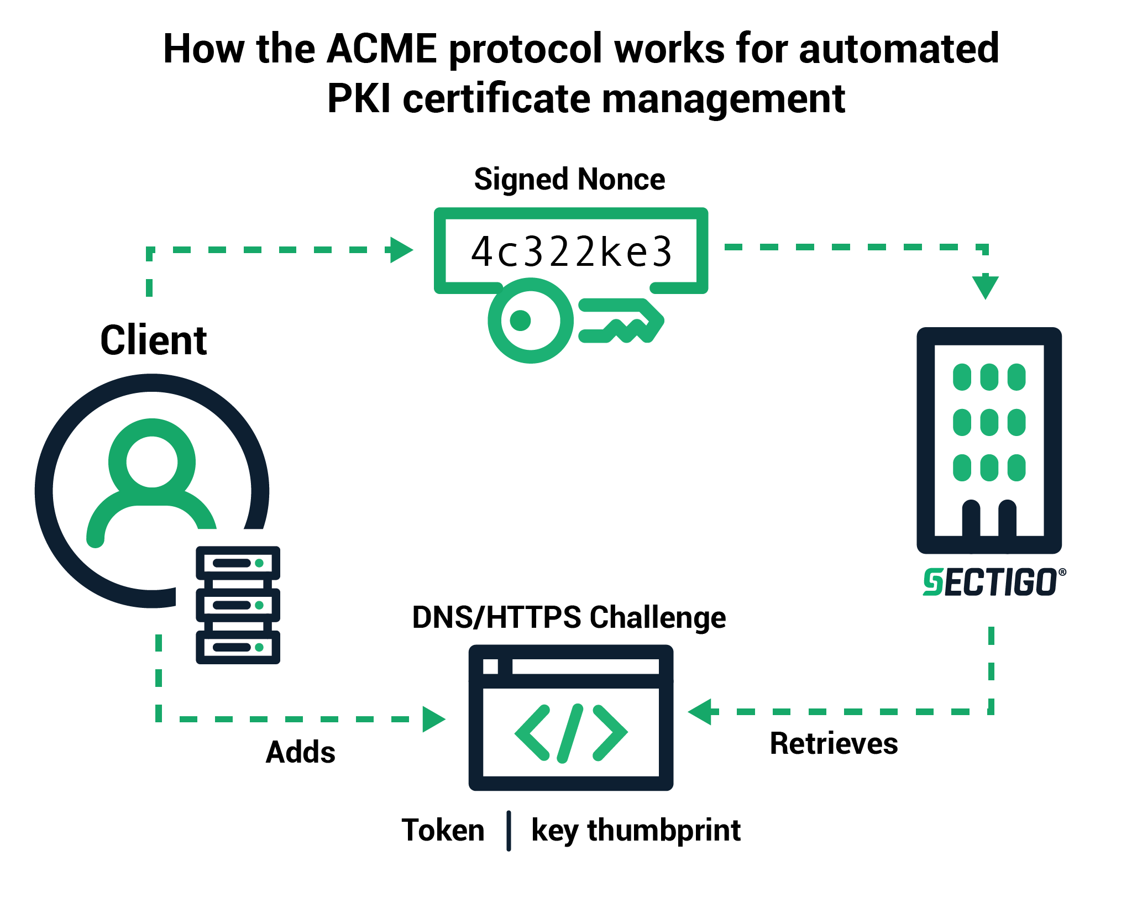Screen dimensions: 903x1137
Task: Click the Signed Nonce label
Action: click(569, 179)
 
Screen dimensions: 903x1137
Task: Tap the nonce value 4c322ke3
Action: click(571, 251)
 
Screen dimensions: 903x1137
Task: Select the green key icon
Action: click(575, 321)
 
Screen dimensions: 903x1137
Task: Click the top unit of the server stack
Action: click(238, 563)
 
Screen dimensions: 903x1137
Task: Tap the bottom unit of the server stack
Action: click(238, 647)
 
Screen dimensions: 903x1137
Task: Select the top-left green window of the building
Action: click(962, 377)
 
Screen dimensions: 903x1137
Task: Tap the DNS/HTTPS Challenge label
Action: click(569, 617)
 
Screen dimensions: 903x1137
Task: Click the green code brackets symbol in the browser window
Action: click(570, 733)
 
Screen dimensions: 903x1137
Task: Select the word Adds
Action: click(300, 752)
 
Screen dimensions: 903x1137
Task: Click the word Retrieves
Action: click(834, 743)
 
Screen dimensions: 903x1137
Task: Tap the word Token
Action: click(443, 830)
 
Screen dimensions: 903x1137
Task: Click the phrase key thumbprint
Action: click(636, 830)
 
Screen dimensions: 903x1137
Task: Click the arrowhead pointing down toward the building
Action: click(985, 287)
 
